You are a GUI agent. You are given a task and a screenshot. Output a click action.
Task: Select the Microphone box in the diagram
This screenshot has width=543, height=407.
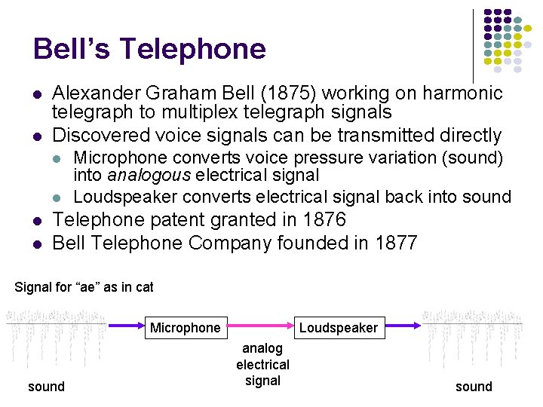pos(186,327)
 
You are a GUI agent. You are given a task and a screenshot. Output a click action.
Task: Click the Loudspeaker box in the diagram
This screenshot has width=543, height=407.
pos(338,327)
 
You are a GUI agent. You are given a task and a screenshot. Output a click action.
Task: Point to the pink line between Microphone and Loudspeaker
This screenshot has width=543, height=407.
pos(261,326)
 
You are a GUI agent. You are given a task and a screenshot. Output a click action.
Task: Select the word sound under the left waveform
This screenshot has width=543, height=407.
pos(46,387)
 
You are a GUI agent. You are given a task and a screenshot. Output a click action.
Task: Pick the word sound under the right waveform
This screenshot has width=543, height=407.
pos(474,387)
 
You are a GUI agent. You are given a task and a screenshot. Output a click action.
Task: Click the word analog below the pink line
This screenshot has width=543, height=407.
pos(262,348)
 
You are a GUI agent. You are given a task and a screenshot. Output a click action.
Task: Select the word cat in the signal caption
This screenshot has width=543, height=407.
pos(143,287)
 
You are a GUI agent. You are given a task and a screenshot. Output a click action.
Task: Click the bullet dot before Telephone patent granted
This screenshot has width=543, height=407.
pos(37,221)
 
